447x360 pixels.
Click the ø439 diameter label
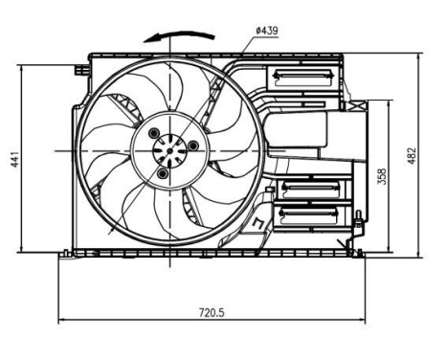(x=268, y=31)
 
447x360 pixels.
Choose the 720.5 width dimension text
(x=212, y=311)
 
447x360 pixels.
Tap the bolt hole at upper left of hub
(x=157, y=133)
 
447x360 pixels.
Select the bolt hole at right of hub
(x=194, y=146)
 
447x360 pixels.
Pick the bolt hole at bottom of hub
(x=163, y=174)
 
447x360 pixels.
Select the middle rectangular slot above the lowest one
(x=305, y=188)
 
